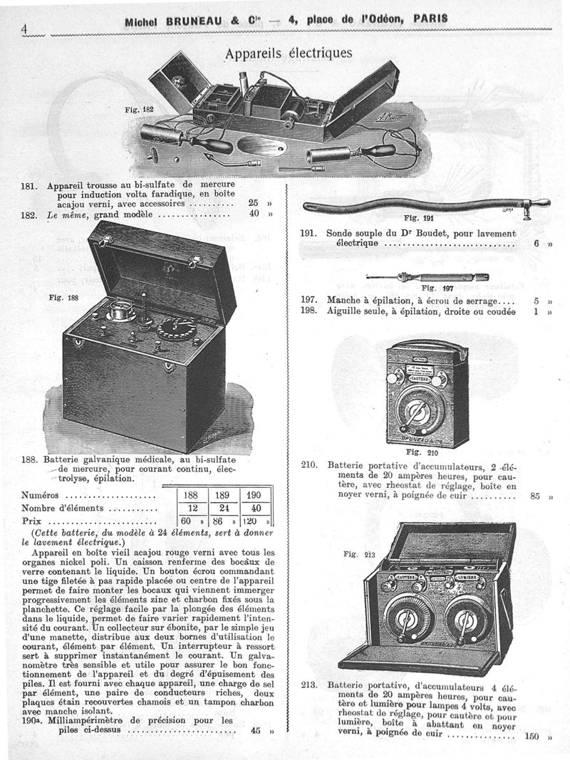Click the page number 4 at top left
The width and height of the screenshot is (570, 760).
(24, 28)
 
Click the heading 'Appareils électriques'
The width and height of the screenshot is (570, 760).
(288, 53)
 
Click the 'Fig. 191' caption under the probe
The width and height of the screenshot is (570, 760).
(418, 218)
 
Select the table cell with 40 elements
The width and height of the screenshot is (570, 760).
(256, 509)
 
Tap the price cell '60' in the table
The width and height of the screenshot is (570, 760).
(187, 522)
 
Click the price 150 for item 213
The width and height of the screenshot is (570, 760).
(534, 736)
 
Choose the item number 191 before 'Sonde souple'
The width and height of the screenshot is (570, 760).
(307, 233)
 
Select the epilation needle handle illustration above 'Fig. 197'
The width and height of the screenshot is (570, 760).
(420, 276)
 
